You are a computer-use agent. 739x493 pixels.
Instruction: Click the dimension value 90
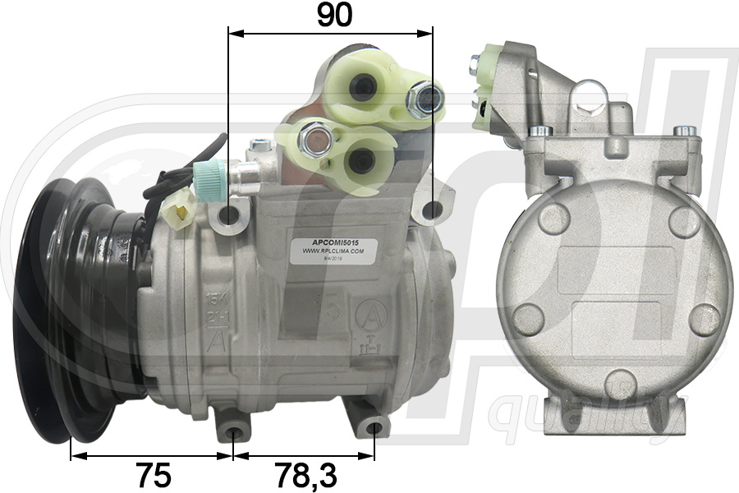click(333, 15)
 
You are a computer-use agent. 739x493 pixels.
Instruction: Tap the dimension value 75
click(153, 474)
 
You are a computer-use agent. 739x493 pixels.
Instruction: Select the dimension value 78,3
click(306, 474)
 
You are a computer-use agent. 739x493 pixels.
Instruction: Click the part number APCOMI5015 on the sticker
click(333, 244)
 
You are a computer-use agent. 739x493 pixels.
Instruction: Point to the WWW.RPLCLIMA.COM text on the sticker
click(333, 253)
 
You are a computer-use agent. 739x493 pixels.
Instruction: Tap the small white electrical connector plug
click(177, 212)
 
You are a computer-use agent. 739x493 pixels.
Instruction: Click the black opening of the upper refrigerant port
click(362, 88)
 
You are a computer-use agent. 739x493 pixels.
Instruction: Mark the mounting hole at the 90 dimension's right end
click(431, 210)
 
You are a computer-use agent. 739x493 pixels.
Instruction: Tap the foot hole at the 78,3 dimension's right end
click(374, 427)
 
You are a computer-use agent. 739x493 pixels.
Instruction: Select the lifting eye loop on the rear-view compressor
click(590, 97)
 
